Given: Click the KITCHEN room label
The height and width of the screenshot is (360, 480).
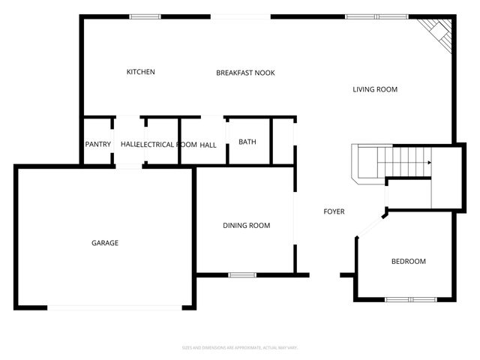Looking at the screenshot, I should point(140,72).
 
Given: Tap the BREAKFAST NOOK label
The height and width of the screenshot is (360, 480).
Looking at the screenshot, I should point(245,73).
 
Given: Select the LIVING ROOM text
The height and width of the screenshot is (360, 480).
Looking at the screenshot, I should point(375,89).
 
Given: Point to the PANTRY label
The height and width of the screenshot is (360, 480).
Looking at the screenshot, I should point(97,144).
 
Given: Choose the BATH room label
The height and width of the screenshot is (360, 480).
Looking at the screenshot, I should point(247,142).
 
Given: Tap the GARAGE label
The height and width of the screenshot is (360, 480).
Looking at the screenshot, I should point(105,242).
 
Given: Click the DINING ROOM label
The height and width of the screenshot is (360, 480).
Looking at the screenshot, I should point(246,226).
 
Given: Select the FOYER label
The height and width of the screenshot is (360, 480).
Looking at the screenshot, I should point(334,211).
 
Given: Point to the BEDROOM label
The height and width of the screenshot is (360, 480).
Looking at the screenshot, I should point(408,261).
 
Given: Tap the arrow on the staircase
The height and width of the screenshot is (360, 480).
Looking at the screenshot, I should point(429,162).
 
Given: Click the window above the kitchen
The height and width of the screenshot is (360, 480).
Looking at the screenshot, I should point(145,16).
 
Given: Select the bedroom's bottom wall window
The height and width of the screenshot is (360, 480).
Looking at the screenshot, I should point(410,299).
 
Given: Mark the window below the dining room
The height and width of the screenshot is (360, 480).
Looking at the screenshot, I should point(242,274).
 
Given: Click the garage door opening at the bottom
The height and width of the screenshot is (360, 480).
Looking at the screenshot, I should point(114,307).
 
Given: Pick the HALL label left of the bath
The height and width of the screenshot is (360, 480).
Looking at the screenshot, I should point(208,144).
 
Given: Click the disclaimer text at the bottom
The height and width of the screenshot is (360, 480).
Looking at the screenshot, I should point(240,347).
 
